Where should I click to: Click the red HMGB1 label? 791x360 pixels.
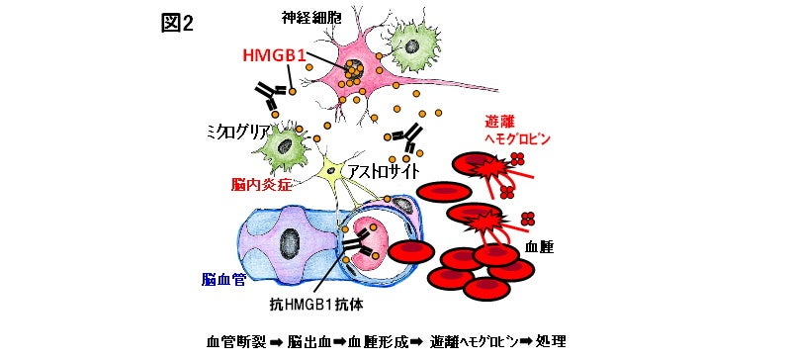coord(280,56)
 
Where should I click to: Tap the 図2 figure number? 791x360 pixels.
coord(178,23)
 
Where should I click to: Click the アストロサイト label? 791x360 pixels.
coord(379,171)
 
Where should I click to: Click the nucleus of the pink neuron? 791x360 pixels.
coord(353,70)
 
